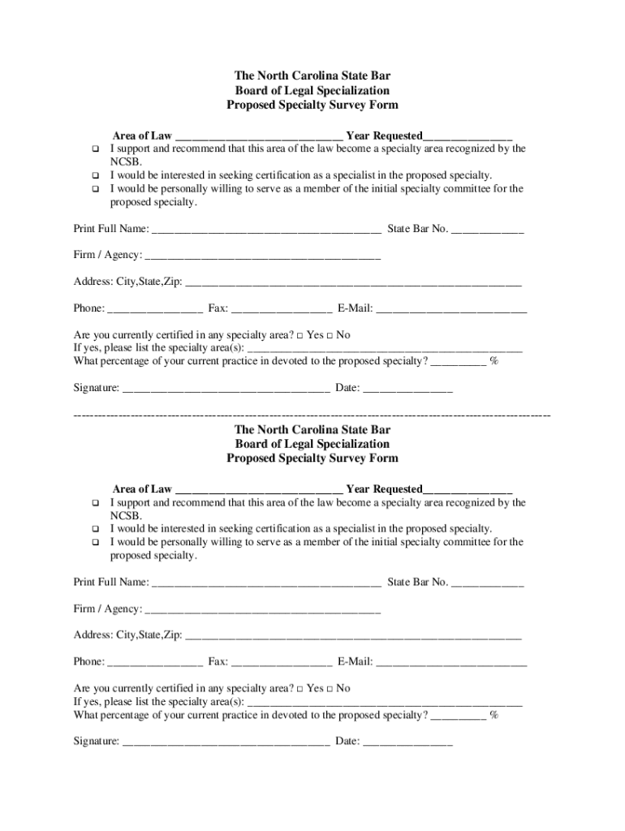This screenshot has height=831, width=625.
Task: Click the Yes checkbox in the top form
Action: point(300,335)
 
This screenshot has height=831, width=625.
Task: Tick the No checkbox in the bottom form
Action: point(330,688)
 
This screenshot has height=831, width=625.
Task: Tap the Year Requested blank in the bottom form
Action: point(468,490)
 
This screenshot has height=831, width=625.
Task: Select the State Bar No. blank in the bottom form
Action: point(487,583)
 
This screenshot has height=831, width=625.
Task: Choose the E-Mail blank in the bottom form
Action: point(451,663)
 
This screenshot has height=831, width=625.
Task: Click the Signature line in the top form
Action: point(226,390)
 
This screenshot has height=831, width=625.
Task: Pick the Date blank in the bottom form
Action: point(407,743)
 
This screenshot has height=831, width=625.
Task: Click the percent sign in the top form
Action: point(494,361)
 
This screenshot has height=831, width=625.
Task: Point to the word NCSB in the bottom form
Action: point(126,515)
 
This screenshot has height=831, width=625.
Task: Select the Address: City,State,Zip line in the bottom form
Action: point(353,636)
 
